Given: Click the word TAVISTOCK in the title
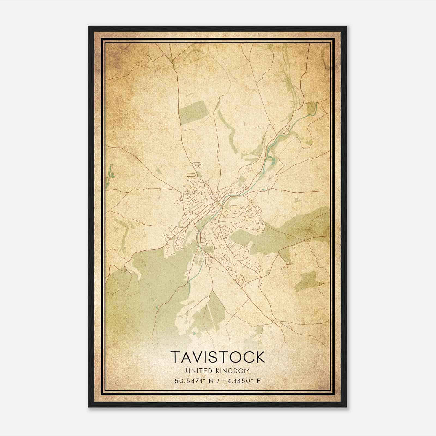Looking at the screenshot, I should click(x=217, y=357).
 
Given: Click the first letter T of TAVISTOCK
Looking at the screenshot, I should click(x=175, y=357).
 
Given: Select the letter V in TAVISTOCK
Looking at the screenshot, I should click(x=196, y=357).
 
